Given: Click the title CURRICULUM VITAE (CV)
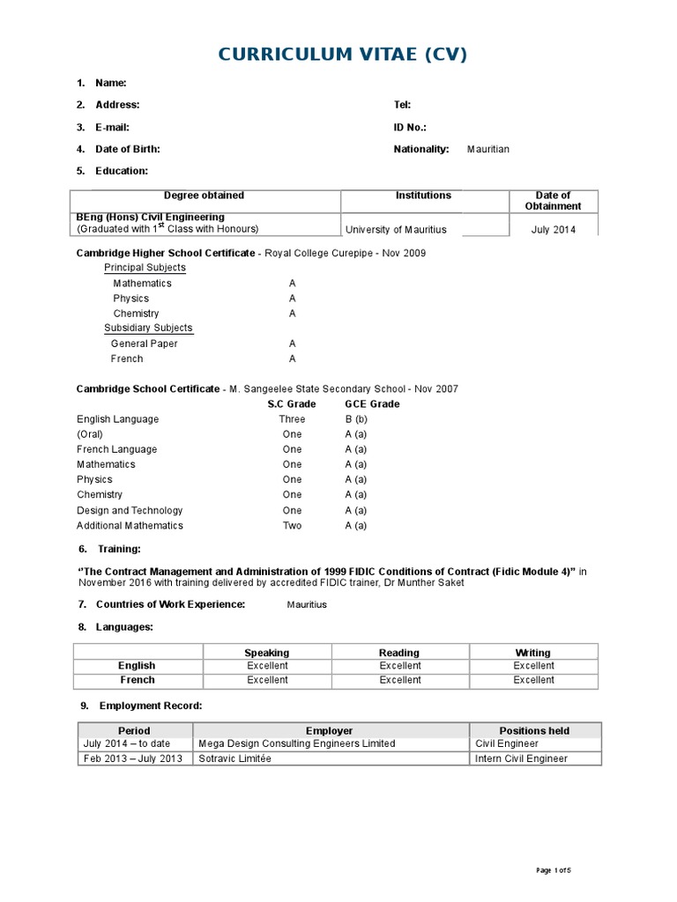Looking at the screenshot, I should click(x=342, y=55).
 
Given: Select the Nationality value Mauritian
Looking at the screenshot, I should click(x=487, y=150).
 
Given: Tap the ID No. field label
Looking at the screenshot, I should click(x=410, y=127).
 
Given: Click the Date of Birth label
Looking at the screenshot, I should click(x=127, y=150).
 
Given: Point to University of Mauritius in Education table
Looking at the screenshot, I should click(x=396, y=230).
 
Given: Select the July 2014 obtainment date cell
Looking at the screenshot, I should click(x=553, y=230).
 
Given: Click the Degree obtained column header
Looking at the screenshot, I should click(x=204, y=196).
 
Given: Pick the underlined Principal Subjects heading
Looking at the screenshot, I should click(x=145, y=268).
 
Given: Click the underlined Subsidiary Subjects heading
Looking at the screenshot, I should click(x=148, y=328).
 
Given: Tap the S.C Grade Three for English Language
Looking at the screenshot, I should click(x=292, y=419).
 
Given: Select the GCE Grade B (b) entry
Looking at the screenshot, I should click(x=356, y=419).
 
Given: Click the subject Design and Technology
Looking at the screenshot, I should click(x=130, y=510).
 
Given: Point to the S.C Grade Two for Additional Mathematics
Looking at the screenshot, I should click(x=292, y=526).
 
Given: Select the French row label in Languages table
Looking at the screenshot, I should click(x=137, y=680).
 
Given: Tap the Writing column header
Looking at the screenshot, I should click(x=532, y=653).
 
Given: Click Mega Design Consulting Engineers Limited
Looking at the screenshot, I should click(x=297, y=743).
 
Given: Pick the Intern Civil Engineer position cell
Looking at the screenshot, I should click(x=521, y=758).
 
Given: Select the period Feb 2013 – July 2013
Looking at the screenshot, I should click(x=133, y=758).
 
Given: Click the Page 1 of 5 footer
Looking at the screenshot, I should click(x=554, y=871).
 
